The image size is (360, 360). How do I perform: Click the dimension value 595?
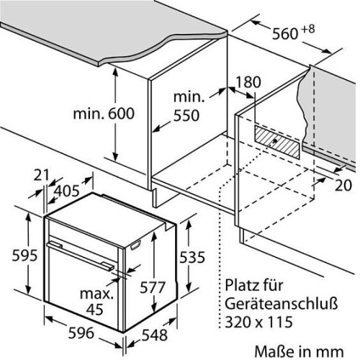[x=24, y=255]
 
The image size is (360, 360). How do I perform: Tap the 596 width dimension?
[x=81, y=333]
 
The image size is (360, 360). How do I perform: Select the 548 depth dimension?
[x=155, y=335]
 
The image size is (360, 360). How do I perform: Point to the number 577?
[x=153, y=287]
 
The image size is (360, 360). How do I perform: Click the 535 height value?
[x=192, y=257]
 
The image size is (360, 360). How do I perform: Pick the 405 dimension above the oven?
[x=66, y=191]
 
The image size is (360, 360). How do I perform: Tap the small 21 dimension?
[x=41, y=175]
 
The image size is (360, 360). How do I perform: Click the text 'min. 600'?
[x=104, y=114]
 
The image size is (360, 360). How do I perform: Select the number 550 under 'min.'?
[x=186, y=115]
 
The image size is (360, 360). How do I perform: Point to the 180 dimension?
[x=248, y=82]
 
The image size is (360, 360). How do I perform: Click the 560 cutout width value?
[x=285, y=34]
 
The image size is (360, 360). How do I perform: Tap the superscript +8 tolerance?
[x=307, y=30]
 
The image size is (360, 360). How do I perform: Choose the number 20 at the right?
[x=343, y=185]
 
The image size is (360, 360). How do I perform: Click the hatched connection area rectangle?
[x=277, y=142]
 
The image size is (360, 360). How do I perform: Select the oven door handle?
[x=81, y=256]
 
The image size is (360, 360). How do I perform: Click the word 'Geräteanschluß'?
[x=282, y=303]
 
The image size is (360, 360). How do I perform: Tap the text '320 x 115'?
[x=258, y=322]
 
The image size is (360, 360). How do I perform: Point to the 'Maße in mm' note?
[x=299, y=351]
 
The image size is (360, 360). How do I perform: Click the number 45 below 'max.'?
[x=95, y=310]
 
